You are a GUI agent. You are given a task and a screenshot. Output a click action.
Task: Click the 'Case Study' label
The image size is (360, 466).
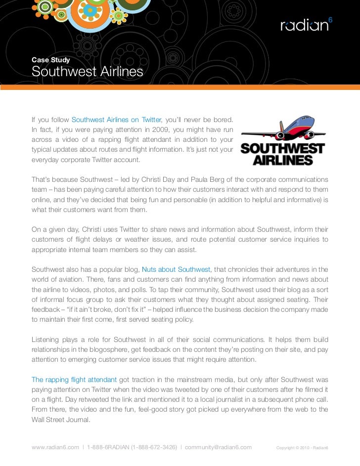click(50, 60)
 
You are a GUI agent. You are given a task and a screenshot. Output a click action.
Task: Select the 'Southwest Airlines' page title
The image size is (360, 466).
click(87, 73)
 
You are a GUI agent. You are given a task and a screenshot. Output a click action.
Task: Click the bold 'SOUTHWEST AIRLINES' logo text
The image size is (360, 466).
click(282, 154)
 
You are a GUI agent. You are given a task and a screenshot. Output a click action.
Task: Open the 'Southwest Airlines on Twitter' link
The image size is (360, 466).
click(117, 120)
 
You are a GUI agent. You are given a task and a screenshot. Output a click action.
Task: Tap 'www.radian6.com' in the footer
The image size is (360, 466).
click(55, 448)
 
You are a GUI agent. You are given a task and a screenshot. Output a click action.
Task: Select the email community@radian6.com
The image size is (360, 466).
click(218, 448)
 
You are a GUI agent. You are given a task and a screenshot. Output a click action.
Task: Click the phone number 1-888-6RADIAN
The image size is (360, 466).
click(108, 448)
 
